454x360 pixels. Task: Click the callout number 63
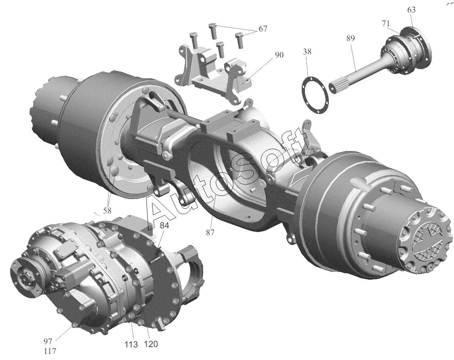point(411,10)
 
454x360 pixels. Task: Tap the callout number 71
point(385,24)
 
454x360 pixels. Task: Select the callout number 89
point(350,38)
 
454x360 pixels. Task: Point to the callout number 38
point(307,52)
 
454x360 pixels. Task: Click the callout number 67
point(263,29)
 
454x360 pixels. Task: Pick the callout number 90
point(280,55)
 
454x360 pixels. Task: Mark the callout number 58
point(107,211)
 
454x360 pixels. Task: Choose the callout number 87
point(210,232)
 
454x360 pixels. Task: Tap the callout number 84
point(164,226)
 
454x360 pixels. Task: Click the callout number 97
point(48,341)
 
